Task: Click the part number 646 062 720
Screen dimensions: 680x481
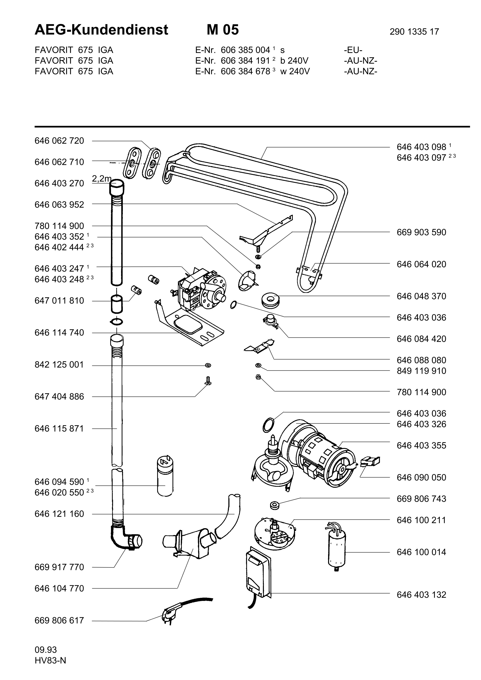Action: click(59, 141)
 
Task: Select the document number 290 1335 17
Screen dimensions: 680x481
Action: click(414, 32)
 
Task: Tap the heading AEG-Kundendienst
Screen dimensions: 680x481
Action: click(101, 30)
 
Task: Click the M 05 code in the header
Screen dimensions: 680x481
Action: click(223, 30)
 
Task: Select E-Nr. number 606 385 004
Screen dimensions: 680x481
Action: click(245, 50)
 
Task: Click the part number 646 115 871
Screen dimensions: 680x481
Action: click(59, 429)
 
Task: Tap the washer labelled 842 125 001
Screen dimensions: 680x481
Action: click(208, 365)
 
